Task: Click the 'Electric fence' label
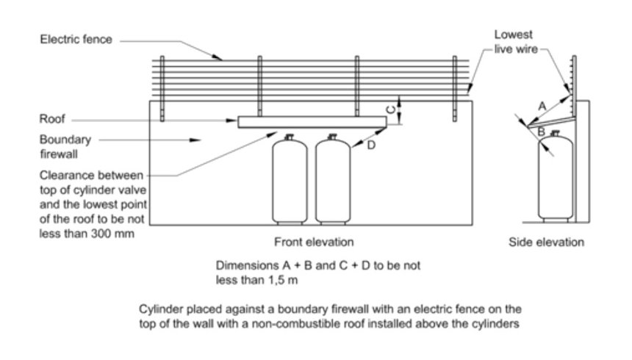click(76, 39)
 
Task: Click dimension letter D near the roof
click(371, 146)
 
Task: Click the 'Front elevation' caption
click(314, 242)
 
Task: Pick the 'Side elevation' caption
click(546, 242)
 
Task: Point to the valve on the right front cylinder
click(333, 136)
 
